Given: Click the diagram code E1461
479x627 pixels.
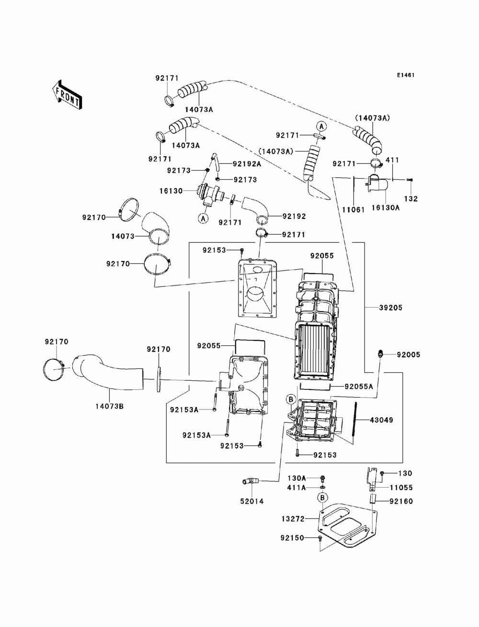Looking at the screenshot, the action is pos(405,75).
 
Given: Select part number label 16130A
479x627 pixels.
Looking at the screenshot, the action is pos(385,208).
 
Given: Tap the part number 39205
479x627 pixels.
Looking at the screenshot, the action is pos(390,308).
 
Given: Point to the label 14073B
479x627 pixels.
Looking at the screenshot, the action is pos(109,406).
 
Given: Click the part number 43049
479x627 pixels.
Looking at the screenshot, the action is pos(381,420).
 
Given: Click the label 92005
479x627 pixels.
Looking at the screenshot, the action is pos(409,354).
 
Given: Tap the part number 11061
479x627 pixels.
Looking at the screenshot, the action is pos(354,210).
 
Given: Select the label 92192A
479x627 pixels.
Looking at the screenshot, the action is pos(247,164).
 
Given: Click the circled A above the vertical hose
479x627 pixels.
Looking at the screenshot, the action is pos(321,125).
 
